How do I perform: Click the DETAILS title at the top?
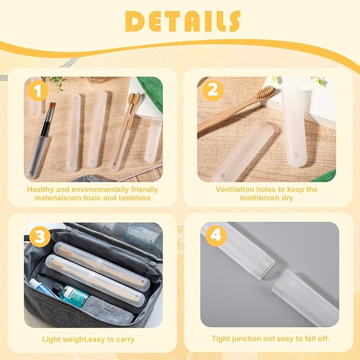pyautogui.click(x=183, y=21)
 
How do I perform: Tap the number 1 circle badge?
pyautogui.click(x=38, y=91)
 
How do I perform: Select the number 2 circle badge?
pyautogui.click(x=213, y=90)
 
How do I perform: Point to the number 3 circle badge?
pyautogui.click(x=40, y=236)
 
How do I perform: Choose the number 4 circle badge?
pyautogui.click(x=216, y=236)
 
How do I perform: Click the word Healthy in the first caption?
pyautogui.click(x=40, y=189)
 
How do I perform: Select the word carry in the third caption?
pyautogui.click(x=125, y=339)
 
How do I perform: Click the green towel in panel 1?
pyautogui.click(x=151, y=91)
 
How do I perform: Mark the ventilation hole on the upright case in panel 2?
pyautogui.click(x=296, y=155)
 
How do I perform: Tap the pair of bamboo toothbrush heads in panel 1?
pyautogui.click(x=134, y=99)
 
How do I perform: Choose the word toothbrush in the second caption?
pyautogui.click(x=258, y=198)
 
